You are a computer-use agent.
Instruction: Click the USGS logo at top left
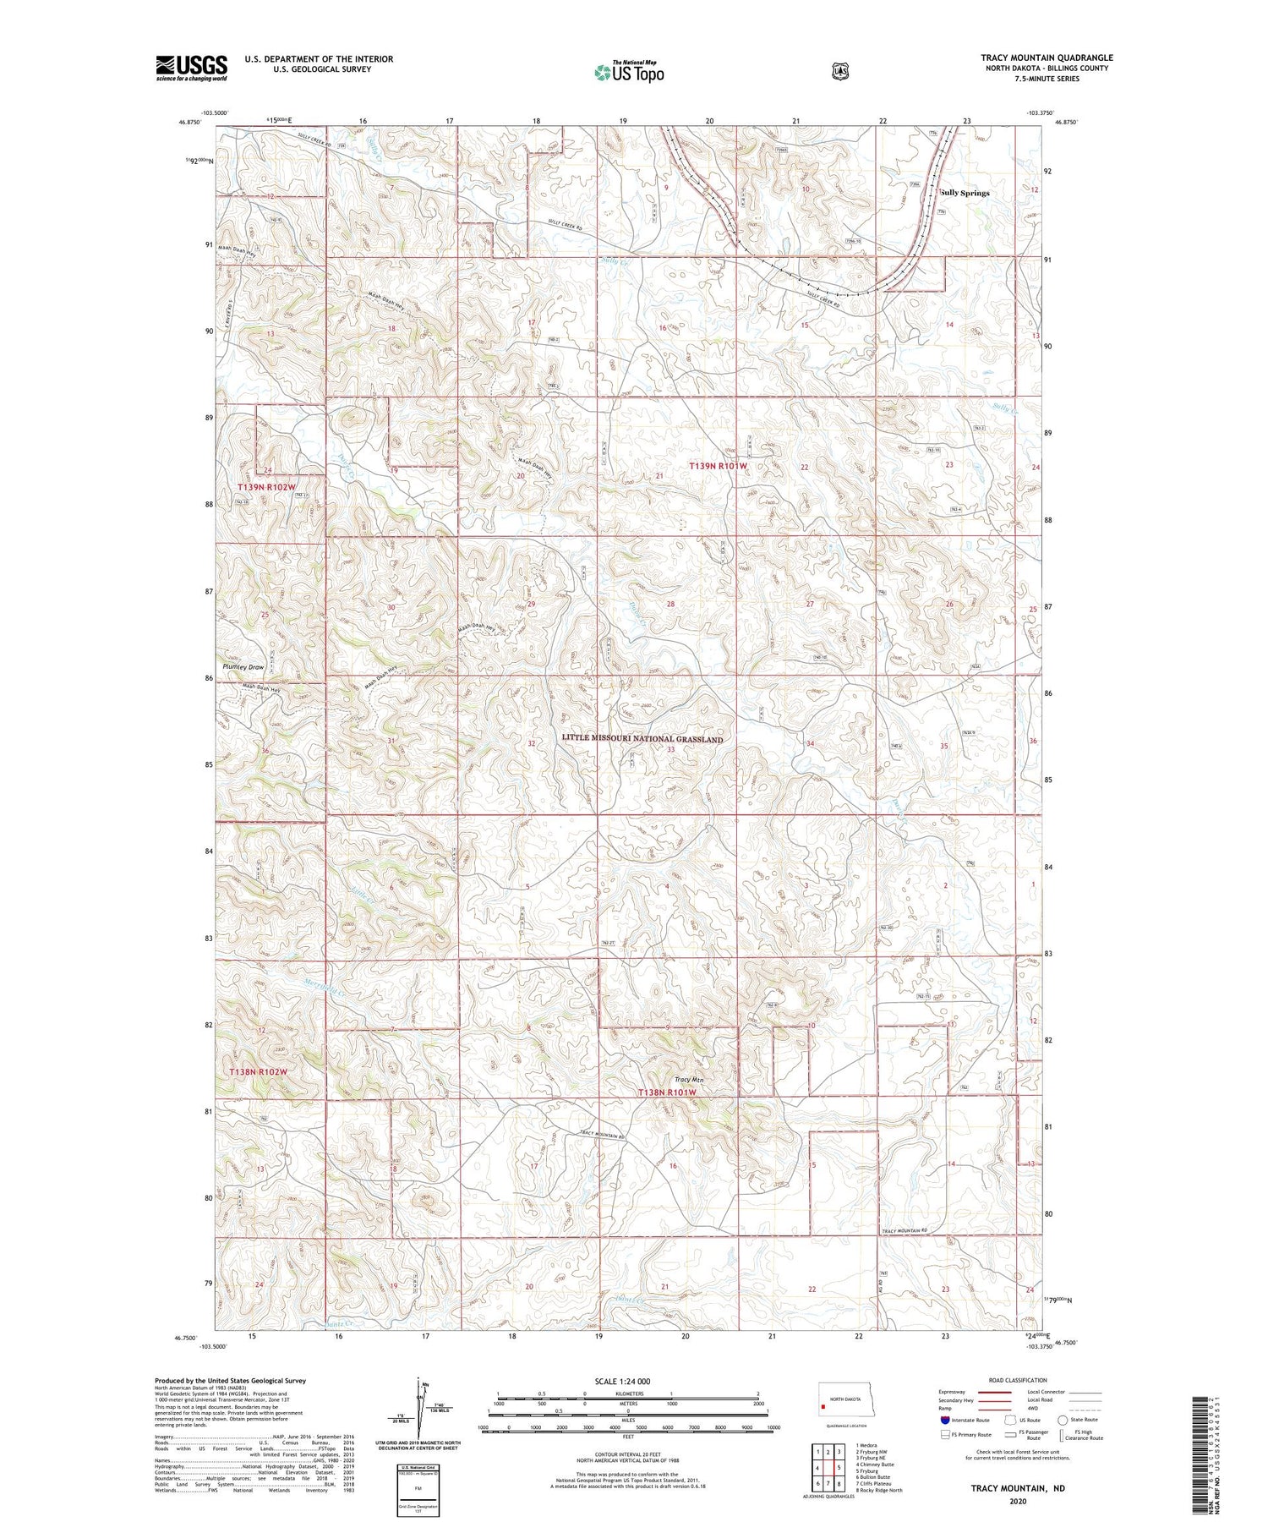pyautogui.click(x=191, y=68)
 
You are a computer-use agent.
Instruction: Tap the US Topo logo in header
pyautogui.click(x=629, y=72)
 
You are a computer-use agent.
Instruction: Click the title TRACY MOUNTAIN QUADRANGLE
pyautogui.click(x=1047, y=57)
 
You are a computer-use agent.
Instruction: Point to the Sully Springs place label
pyautogui.click(x=965, y=193)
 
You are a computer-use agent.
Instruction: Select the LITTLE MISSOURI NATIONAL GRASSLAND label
pyautogui.click(x=642, y=739)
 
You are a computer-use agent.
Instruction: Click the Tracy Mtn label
pyautogui.click(x=690, y=1080)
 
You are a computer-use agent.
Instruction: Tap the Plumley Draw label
pyautogui.click(x=243, y=667)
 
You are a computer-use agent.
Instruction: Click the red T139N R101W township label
pyautogui.click(x=718, y=466)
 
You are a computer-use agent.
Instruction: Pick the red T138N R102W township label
pyautogui.click(x=259, y=1072)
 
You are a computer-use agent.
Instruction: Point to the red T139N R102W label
pyautogui.click(x=266, y=488)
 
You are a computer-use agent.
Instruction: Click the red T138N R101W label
pyautogui.click(x=667, y=1092)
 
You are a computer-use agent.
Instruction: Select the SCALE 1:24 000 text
pyautogui.click(x=623, y=1382)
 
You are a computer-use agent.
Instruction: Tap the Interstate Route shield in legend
pyautogui.click(x=945, y=1420)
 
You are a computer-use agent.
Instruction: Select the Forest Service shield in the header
pyautogui.click(x=839, y=72)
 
